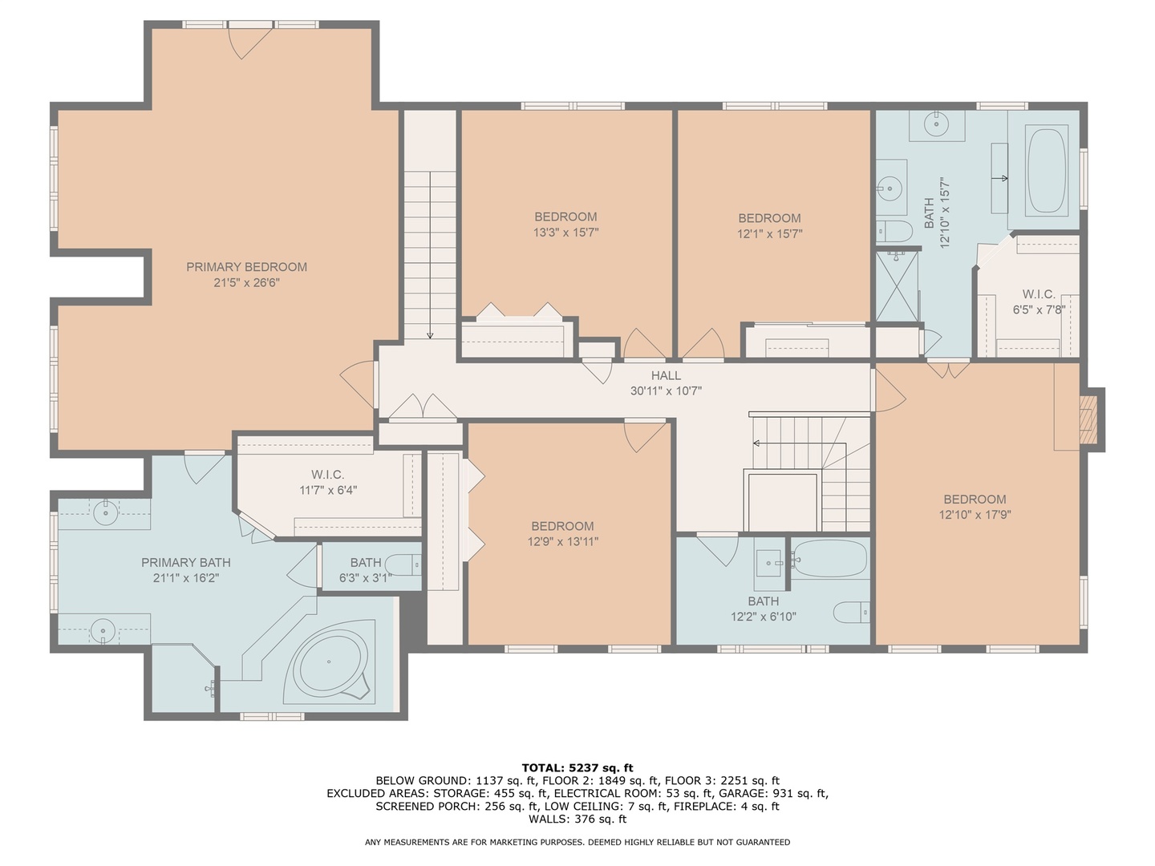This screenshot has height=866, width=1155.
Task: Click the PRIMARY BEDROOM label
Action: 246,267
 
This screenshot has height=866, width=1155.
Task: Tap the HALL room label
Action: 666,375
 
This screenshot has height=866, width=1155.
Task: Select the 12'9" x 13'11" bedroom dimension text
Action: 563,541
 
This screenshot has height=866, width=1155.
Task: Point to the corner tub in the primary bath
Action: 330,662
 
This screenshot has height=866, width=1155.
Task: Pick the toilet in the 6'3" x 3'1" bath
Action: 403,565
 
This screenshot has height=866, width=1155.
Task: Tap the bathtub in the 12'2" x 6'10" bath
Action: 829,559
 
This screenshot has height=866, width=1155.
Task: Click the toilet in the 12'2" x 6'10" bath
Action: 851,612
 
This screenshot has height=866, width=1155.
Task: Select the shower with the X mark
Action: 897,286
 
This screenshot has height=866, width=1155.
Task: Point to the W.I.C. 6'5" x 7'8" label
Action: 1039,301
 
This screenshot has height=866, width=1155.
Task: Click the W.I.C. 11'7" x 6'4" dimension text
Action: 328,490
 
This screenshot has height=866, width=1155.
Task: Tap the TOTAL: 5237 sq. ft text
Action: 577,768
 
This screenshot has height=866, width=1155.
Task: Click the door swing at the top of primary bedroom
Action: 249,43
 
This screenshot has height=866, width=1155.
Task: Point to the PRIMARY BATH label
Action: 186,563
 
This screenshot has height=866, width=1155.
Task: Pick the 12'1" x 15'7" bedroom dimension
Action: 769,233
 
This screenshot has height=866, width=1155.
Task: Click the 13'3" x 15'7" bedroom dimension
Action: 565,232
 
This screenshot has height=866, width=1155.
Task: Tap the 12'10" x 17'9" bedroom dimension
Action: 975,514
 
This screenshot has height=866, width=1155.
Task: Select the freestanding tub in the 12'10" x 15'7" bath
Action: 1047,170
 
